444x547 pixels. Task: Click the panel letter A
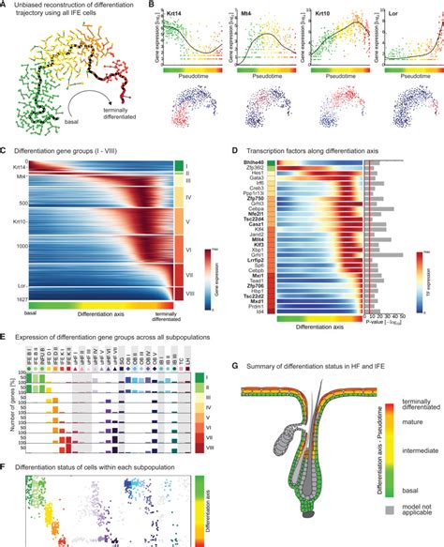coord(5,5)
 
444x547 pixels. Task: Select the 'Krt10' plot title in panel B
coord(338,15)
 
